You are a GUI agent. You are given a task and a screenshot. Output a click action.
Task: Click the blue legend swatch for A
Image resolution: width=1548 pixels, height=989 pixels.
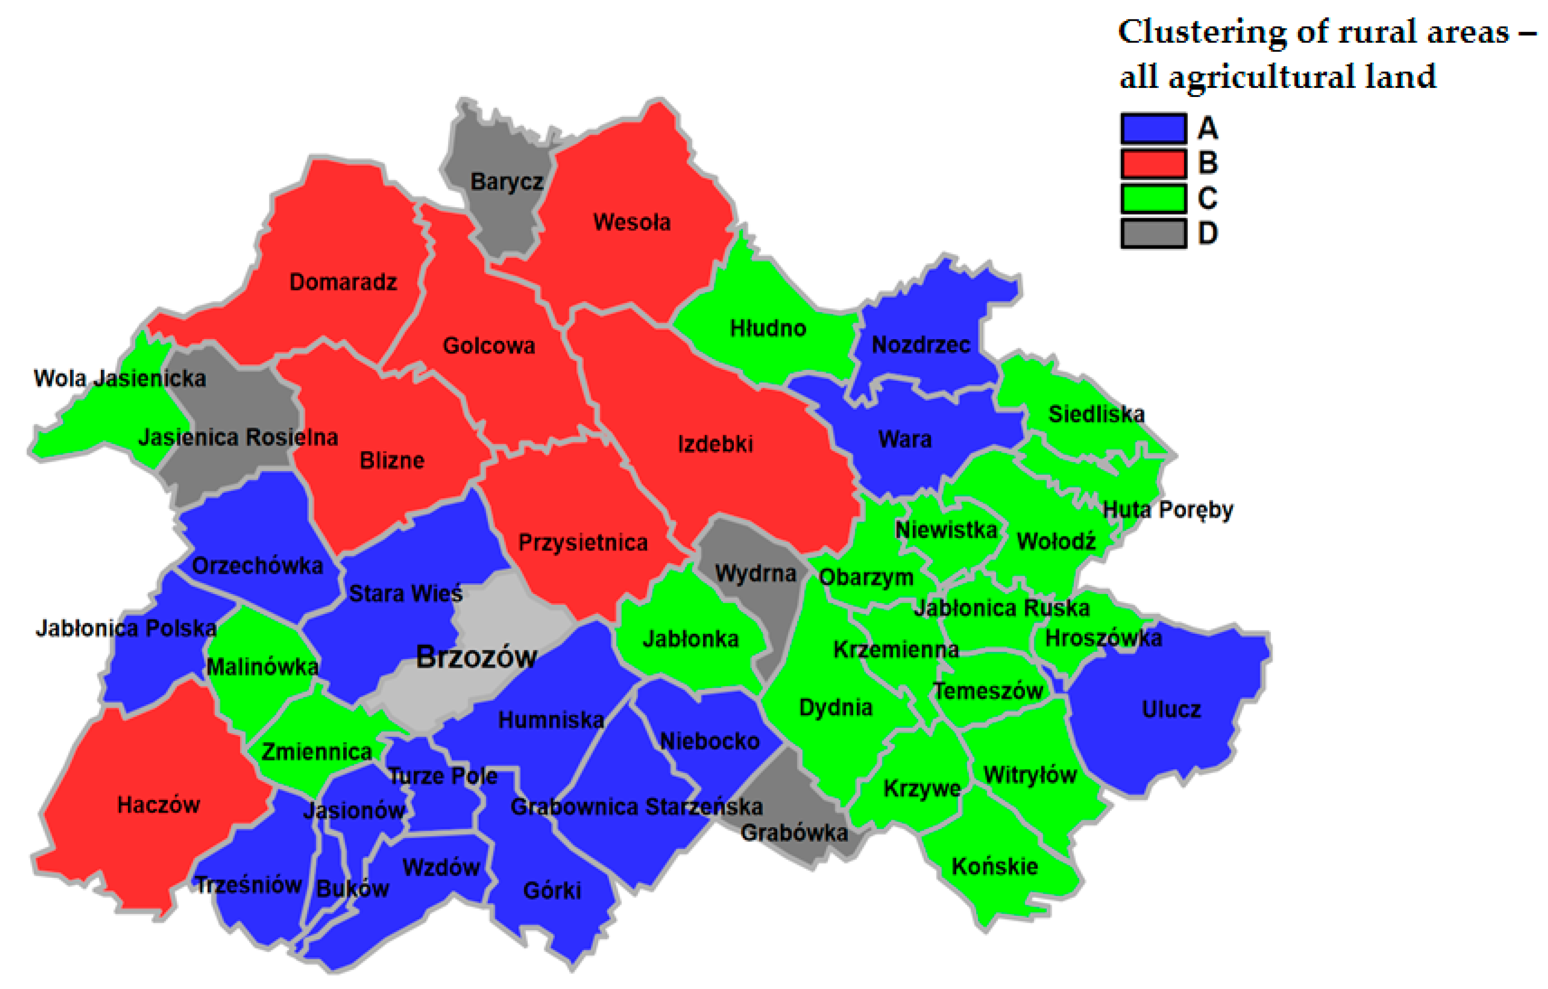pos(1153,128)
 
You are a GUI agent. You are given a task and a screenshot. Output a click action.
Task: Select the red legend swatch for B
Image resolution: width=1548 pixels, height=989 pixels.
pos(1153,164)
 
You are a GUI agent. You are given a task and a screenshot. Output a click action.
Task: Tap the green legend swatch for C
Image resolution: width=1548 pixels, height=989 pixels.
pos(1153,198)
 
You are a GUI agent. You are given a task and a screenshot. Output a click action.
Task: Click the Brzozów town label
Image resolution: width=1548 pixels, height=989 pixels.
pos(476,657)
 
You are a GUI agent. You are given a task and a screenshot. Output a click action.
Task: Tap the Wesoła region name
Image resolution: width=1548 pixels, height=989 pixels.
pos(631,222)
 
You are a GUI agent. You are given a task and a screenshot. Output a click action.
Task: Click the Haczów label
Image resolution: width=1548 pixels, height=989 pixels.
pos(158,804)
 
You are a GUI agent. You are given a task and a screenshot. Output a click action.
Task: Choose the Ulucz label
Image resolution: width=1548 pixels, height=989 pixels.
pos(1171,709)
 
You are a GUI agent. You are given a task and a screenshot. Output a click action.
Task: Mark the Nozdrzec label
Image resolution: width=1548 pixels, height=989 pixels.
pos(920,345)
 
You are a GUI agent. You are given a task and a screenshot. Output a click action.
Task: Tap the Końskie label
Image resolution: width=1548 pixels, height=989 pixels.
pos(994,866)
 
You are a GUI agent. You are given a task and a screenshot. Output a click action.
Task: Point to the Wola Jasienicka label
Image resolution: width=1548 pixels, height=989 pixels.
pos(119,378)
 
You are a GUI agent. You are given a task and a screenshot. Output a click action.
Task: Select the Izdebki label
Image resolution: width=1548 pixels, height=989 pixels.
pos(715,444)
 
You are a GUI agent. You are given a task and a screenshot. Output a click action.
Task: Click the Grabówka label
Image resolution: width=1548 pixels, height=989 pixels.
pos(794,833)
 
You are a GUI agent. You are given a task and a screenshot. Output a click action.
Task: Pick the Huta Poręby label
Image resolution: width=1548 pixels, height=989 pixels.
pos(1167,510)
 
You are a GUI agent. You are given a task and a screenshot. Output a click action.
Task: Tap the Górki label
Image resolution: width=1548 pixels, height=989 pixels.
pos(551,891)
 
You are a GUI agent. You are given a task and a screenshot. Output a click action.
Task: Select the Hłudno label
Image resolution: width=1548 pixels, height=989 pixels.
pos(768,329)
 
